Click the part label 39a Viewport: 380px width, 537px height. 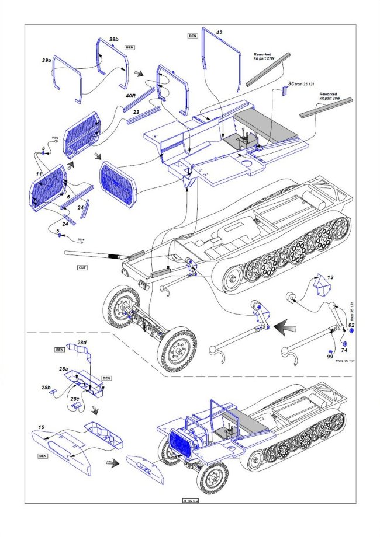coord(46,60)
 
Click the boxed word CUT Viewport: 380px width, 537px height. coord(82,268)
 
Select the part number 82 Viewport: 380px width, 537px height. coord(351,324)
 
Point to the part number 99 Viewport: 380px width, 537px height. coord(330,356)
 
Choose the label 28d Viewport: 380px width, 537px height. coord(82,341)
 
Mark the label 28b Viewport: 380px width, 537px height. coord(46,388)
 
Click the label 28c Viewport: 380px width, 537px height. coord(75,399)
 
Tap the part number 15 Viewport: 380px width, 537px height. coord(42,428)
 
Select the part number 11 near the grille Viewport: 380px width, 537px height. coord(39,175)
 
